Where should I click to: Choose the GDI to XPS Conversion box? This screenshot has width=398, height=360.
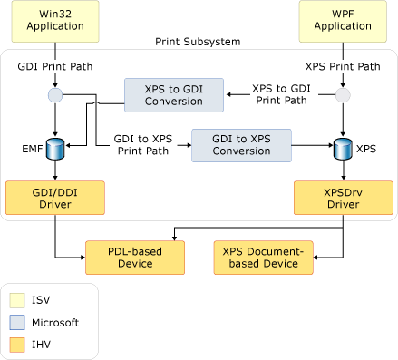241,145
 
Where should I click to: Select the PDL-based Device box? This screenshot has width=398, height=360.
134,257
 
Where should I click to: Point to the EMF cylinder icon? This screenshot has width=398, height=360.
56,145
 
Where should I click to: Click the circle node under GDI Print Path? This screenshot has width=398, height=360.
56,95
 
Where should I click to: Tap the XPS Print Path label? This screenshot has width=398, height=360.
343,66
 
